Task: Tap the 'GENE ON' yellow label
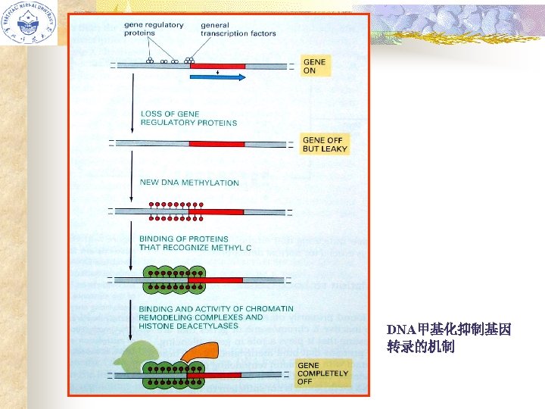click(x=315, y=66)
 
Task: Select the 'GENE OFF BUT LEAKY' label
click(x=325, y=144)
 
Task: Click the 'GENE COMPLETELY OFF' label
click(x=323, y=373)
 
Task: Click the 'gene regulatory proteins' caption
click(x=153, y=29)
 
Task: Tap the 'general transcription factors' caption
click(x=238, y=29)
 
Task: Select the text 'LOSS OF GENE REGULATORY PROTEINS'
click(x=188, y=118)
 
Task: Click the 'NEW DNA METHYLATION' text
click(x=189, y=183)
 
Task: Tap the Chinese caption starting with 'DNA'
click(x=449, y=339)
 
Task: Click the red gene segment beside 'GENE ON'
click(x=217, y=66)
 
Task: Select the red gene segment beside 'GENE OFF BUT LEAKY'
click(x=216, y=143)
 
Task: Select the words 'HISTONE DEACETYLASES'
click(x=188, y=326)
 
